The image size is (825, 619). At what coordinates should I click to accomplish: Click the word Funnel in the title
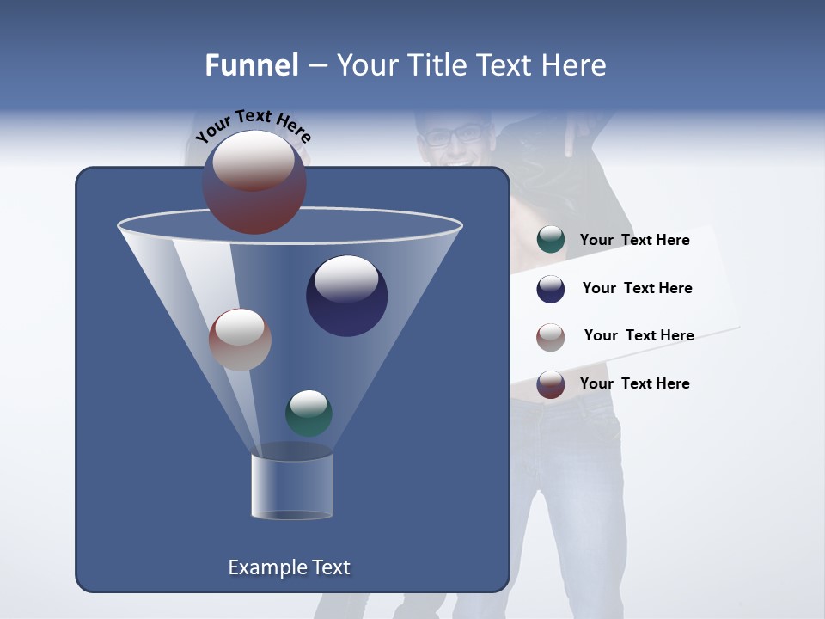pos(252,65)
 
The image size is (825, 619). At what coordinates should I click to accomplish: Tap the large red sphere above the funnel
pos(254,183)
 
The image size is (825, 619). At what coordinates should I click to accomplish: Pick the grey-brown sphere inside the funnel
pos(240,340)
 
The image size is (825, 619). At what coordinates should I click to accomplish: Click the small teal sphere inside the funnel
pos(309,414)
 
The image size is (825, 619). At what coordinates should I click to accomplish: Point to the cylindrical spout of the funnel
pos(292,487)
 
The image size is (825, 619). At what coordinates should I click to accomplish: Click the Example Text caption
pos(289,567)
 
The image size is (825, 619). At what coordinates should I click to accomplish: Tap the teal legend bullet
pos(551,240)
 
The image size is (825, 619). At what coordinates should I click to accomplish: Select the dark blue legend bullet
pos(551,289)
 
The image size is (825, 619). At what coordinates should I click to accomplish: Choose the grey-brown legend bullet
pos(551,336)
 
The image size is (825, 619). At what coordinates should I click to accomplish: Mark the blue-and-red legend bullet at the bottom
pos(551,384)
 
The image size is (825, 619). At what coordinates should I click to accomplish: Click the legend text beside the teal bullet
pos(634,240)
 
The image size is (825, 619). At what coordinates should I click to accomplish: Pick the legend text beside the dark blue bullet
pos(637,288)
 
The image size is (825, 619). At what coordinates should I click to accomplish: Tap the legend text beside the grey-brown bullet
pos(639,335)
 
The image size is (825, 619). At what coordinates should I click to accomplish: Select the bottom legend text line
pos(634,383)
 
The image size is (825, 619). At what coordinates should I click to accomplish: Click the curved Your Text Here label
pos(253,124)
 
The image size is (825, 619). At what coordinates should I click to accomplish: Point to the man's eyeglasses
pos(455,136)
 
